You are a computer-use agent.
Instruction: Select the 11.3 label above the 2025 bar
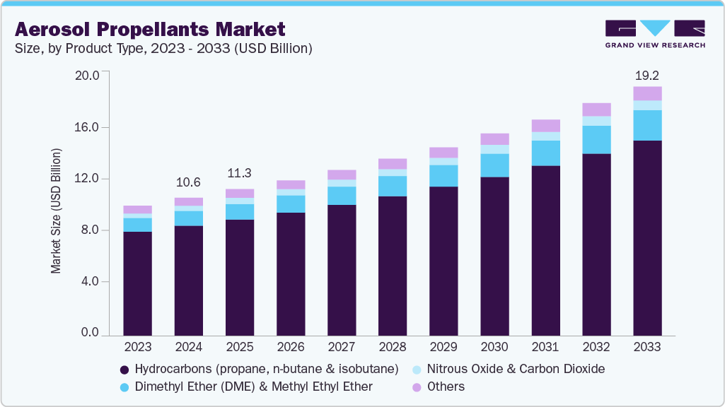pos(240,174)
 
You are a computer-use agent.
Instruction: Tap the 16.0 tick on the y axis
pos(91,127)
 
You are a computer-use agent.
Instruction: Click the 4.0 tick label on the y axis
pos(93,281)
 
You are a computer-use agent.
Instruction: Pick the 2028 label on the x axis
pos(393,347)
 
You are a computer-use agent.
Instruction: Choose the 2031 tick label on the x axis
pos(545,347)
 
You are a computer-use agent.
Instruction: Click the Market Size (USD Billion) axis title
pos(56,211)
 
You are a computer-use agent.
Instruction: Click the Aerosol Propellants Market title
pos(150,29)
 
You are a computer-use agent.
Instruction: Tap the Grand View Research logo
pos(655,33)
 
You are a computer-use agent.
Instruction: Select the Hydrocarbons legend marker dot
pos(124,370)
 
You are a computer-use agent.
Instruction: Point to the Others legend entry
pos(446,387)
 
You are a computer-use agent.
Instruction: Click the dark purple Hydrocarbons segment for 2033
pos(647,237)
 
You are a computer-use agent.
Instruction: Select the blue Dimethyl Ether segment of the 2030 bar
pos(494,165)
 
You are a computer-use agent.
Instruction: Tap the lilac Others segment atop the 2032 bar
pos(596,110)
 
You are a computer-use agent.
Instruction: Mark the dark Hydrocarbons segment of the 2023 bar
pos(138,283)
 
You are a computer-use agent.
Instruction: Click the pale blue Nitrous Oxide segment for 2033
pos(647,105)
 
